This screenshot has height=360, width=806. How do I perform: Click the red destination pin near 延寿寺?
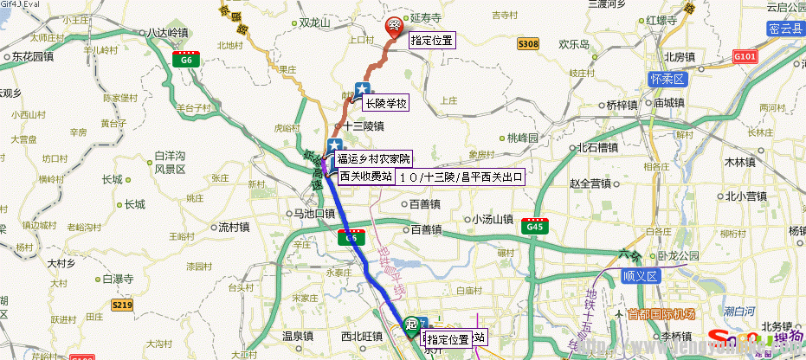394,25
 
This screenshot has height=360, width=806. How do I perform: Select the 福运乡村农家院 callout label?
374,158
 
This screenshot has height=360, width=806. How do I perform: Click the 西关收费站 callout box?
365,176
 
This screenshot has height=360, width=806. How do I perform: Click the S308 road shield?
527,43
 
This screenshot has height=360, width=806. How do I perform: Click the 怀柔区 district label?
666,79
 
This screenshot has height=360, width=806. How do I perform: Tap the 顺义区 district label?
641,276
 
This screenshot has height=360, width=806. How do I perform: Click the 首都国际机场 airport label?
662,313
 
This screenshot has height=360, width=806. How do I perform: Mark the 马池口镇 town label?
314,213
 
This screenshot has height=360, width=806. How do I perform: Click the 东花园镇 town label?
34,56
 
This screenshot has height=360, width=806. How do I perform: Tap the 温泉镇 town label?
285,335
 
